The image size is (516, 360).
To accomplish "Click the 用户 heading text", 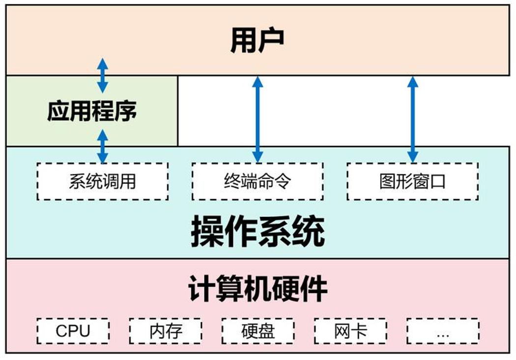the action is click(258, 40).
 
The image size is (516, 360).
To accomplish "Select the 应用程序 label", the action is click(92, 111).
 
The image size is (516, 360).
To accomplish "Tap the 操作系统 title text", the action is click(258, 231).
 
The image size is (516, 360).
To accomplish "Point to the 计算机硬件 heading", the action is click(258, 289).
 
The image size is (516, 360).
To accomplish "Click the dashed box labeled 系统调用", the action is click(103, 181).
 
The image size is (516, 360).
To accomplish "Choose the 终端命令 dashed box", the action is click(258, 181).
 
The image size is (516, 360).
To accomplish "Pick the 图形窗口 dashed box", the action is click(413, 181).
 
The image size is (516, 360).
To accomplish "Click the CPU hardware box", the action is click(73, 331).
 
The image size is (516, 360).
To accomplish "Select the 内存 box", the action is click(166, 331).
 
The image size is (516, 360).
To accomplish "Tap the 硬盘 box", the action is click(258, 331).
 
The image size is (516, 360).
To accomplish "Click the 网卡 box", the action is click(350, 331).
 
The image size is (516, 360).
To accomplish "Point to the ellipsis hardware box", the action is click(443, 331).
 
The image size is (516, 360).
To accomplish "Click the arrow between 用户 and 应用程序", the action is click(103, 75).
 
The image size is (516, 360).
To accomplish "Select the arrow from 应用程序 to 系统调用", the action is click(103, 147).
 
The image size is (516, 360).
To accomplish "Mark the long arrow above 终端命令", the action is click(258, 119).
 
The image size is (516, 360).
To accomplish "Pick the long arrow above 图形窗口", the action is click(413, 119).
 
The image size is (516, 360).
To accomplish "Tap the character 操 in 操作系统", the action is click(207, 231).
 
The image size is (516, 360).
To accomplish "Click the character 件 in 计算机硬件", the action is click(314, 289).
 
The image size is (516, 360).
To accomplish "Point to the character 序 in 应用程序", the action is click(126, 111).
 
